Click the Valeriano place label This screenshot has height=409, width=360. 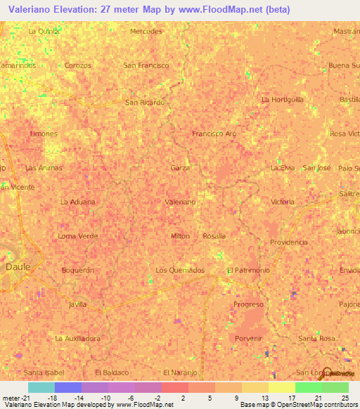pyautogui.click(x=180, y=202)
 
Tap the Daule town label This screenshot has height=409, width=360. pyautogui.click(x=18, y=267)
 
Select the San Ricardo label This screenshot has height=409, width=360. pyautogui.click(x=145, y=102)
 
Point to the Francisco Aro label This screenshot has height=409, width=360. pyautogui.click(x=214, y=133)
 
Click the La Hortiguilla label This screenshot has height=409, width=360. pyautogui.click(x=283, y=100)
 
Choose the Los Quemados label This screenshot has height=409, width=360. pyautogui.click(x=180, y=270)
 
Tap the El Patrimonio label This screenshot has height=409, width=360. pyautogui.click(x=245, y=270)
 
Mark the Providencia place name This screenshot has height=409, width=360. pyautogui.click(x=288, y=242)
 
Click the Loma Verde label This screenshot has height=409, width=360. pyautogui.click(x=77, y=236)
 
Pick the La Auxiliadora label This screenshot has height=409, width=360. pyautogui.click(x=77, y=338)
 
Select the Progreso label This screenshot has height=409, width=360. pyautogui.click(x=248, y=304)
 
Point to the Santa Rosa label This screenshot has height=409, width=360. pyautogui.click(x=316, y=338)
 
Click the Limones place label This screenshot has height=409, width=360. pyautogui.click(x=44, y=133)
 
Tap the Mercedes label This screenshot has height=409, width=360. pyautogui.click(x=147, y=32)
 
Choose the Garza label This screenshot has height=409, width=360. pyautogui.click(x=180, y=168)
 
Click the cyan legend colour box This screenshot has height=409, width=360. pyautogui.click(x=41, y=387)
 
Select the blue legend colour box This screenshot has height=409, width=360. pyautogui.click(x=67, y=387)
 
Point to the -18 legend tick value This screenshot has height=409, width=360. pyautogui.click(x=51, y=398)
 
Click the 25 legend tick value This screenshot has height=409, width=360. pyautogui.click(x=345, y=398)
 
